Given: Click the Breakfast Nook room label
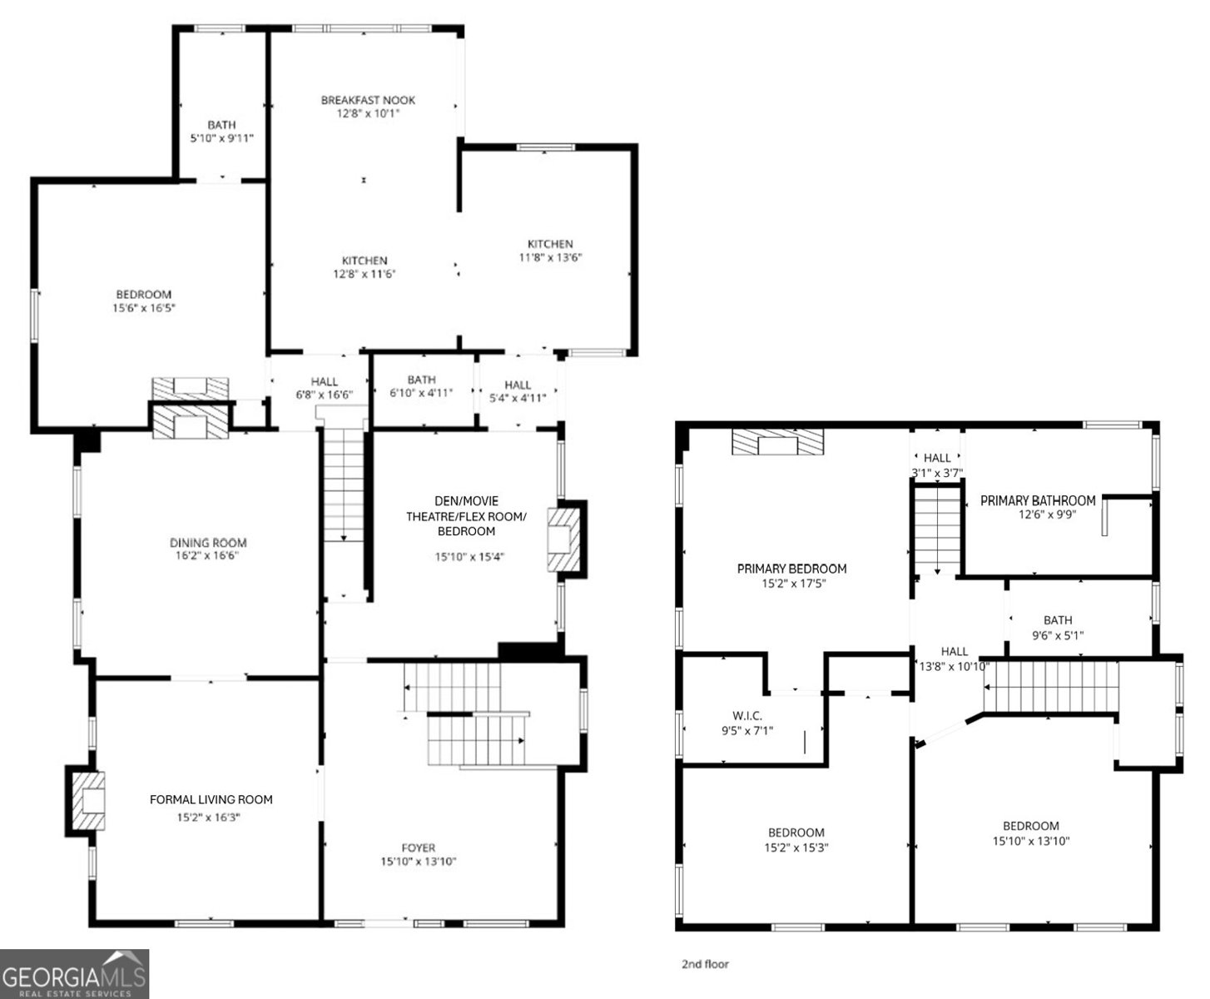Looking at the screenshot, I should point(368,100).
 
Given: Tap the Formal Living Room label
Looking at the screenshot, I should point(211,799).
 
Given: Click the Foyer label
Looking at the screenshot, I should point(418,848).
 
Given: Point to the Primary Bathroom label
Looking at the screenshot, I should point(1037,500).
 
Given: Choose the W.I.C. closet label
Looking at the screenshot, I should point(747,716).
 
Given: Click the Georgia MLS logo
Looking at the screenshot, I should point(75,974).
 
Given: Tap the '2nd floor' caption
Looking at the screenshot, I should point(705,964).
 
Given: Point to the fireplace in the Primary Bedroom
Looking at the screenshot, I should point(777,442).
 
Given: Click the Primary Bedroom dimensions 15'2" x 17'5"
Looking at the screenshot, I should point(793,583).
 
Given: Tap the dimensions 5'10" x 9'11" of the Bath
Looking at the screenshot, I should point(221,138).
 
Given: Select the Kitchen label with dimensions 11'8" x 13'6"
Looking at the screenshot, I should point(550,244).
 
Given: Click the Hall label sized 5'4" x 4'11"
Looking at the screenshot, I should point(518,385).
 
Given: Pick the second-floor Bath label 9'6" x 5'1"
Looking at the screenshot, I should point(1058,620).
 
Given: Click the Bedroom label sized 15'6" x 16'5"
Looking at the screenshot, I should point(143,294).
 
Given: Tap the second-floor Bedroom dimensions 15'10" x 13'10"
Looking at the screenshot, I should point(1030,841).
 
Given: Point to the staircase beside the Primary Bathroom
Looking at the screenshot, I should point(938,531).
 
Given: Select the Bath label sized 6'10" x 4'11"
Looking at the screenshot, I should point(421,380).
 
